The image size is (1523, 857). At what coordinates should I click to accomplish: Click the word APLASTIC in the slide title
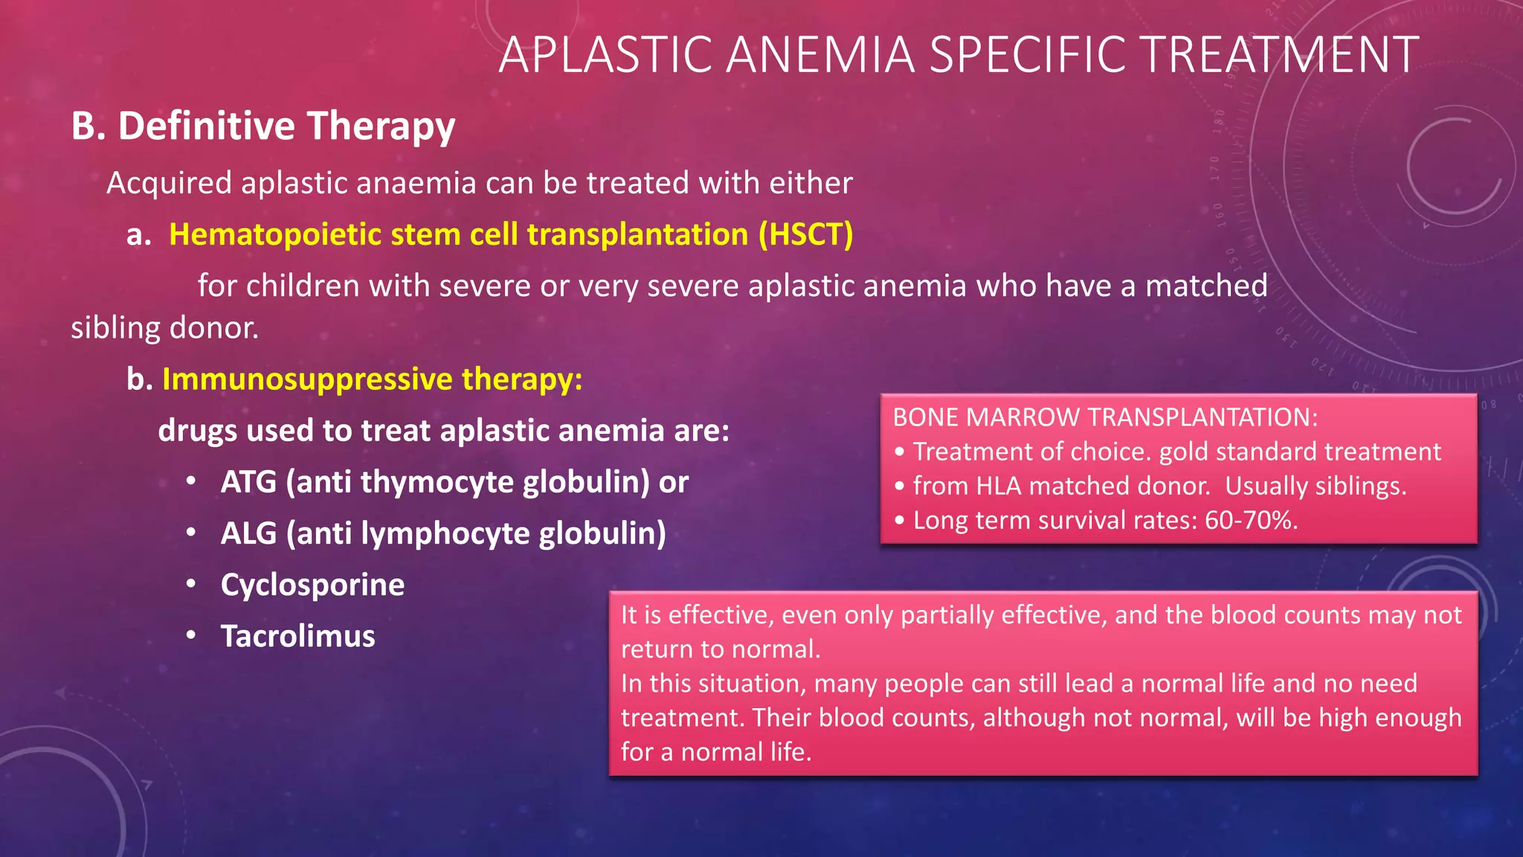click(605, 55)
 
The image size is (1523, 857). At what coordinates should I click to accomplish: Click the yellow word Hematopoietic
click(274, 235)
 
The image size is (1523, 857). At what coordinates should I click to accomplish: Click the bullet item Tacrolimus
click(297, 636)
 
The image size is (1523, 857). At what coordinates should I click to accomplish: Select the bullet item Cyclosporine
click(312, 585)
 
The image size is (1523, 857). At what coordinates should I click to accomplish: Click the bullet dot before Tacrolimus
click(191, 635)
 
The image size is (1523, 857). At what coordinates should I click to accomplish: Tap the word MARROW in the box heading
click(1023, 417)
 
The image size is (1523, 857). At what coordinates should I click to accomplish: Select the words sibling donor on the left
click(164, 328)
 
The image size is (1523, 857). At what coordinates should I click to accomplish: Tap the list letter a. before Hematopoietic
click(139, 235)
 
